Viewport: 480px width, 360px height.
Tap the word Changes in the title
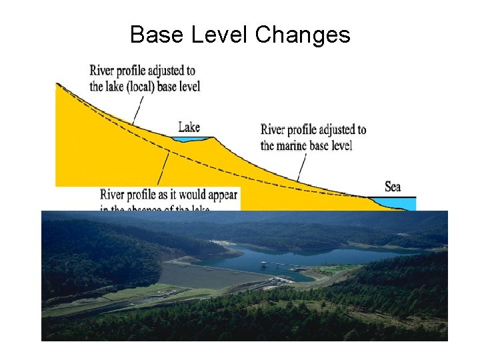point(303,35)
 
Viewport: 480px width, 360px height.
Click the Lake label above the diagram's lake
point(189,127)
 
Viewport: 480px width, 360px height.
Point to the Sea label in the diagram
point(393,186)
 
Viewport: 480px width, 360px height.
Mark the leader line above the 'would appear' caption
point(163,169)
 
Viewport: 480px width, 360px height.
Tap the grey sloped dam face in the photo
point(200,275)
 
